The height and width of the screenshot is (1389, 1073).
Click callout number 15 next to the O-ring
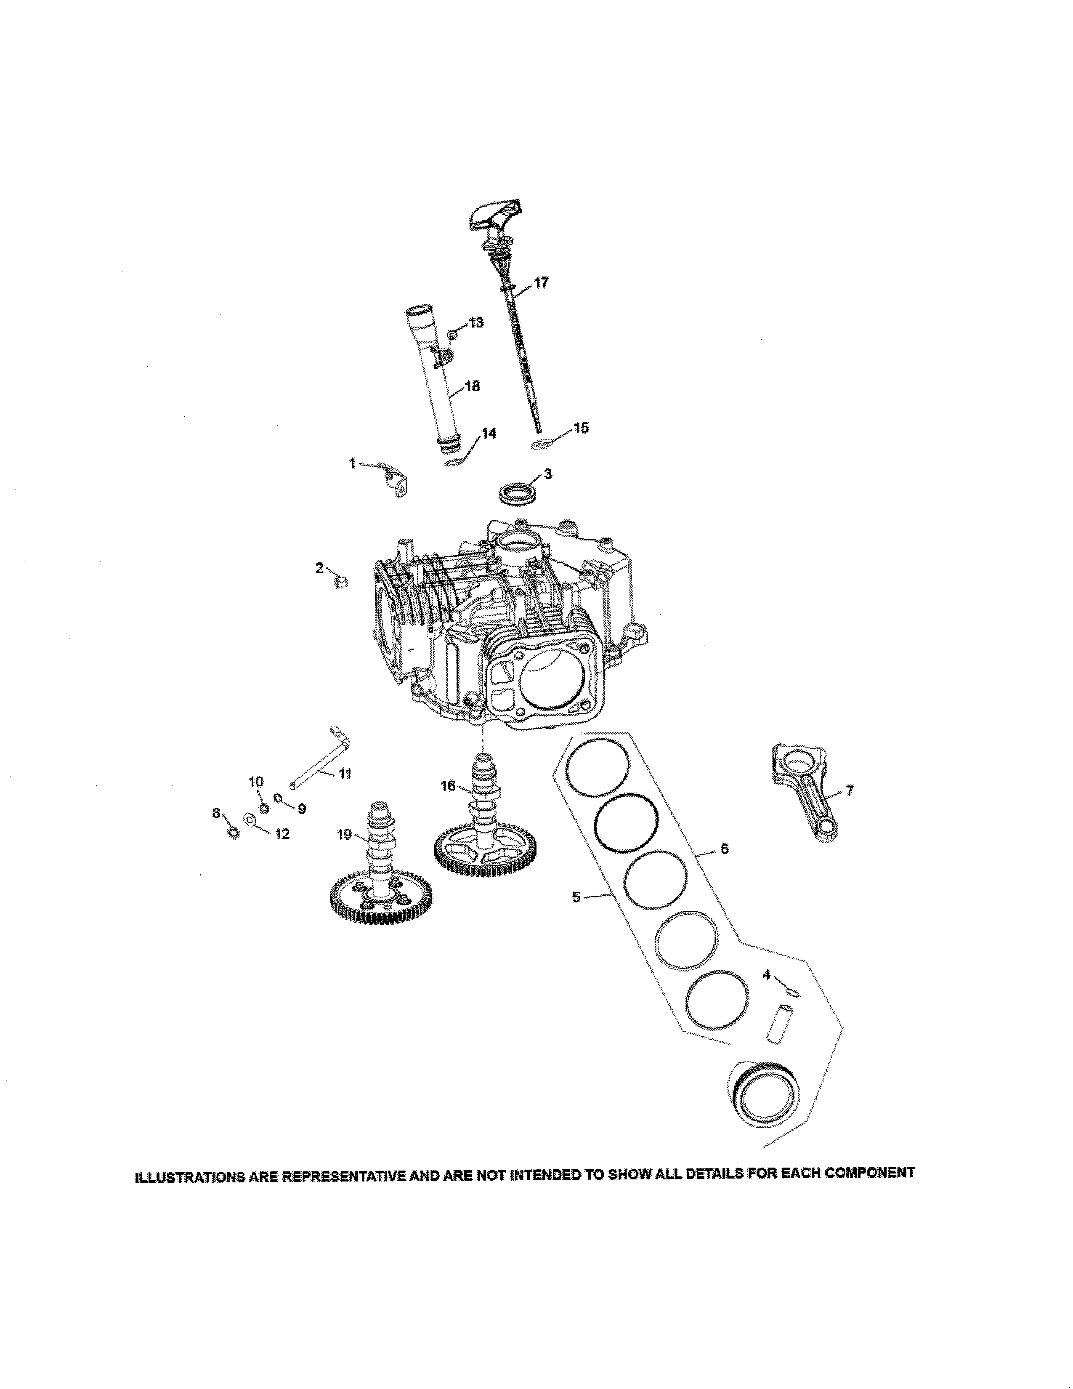581,427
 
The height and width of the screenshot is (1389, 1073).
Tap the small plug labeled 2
341,581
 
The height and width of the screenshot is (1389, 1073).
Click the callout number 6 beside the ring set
724,849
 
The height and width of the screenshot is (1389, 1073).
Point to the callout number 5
576,897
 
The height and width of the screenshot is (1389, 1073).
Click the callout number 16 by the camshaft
448,786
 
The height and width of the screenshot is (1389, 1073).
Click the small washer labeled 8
233,833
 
